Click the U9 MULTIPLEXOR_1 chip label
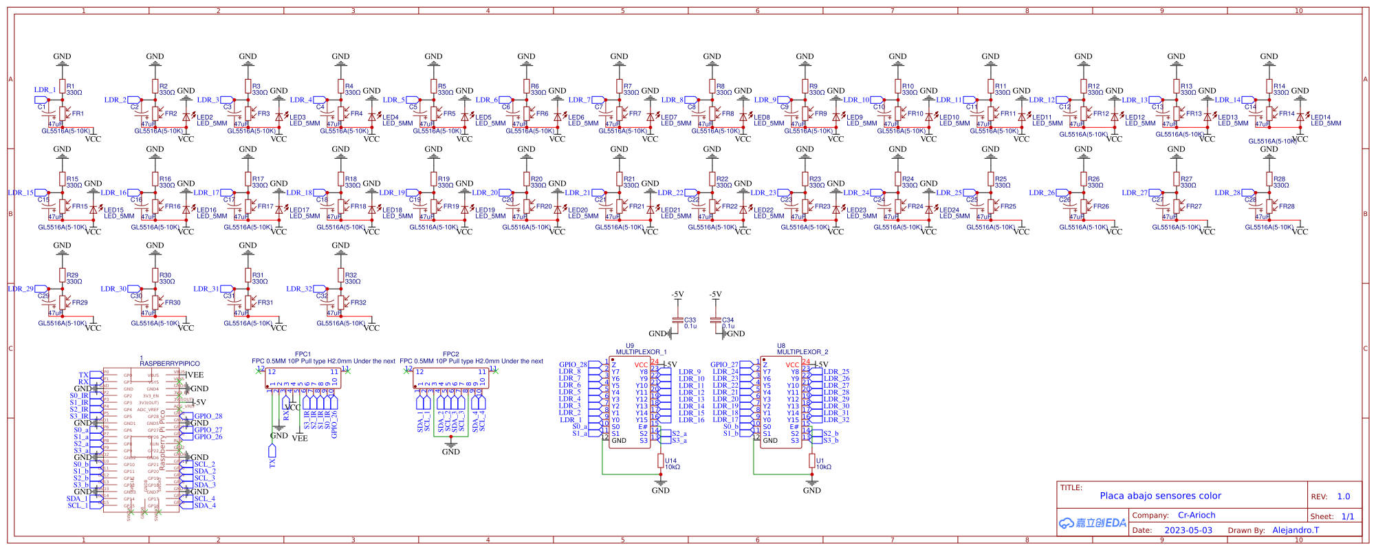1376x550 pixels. coord(640,351)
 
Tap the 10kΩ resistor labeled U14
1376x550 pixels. coord(661,461)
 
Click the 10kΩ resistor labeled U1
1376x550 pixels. coord(812,461)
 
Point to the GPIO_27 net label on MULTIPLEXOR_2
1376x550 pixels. coord(724,365)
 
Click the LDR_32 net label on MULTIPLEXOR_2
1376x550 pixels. coord(836,420)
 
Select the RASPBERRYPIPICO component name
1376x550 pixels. coord(170,364)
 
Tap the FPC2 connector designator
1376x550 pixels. coord(450,354)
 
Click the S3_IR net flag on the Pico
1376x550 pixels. coord(79,416)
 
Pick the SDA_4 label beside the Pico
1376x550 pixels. coord(204,505)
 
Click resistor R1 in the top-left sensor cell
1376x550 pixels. coord(63,87)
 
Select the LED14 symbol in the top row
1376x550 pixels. coord(1300,118)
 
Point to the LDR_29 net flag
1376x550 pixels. coord(21,289)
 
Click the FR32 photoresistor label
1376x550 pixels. coord(358,302)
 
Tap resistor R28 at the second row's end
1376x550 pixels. coord(1269,179)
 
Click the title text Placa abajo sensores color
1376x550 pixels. coord(1160,496)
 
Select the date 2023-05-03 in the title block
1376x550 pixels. coord(1188,530)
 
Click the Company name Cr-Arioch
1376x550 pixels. coord(1197,515)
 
